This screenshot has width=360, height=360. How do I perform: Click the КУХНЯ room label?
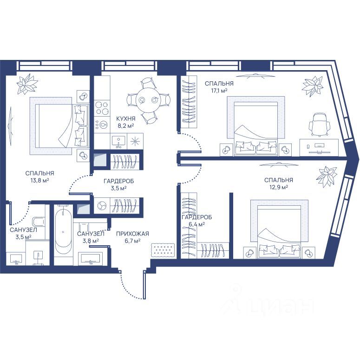coord(125,119)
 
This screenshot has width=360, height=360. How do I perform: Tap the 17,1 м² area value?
coord(219,91)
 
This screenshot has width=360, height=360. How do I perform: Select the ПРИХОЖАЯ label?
coord(132,234)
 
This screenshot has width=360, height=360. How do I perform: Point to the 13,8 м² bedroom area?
coord(40,180)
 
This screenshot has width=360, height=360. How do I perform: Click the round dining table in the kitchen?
coord(149,100)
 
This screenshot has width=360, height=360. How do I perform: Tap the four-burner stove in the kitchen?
coord(102,108)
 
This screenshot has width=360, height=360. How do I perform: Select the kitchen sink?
coord(118,141)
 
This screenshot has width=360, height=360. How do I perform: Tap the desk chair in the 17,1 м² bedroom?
coord(320,124)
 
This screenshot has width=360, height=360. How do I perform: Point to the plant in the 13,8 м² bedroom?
coord(27,84)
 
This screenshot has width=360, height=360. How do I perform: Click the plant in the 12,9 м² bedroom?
coord(327,177)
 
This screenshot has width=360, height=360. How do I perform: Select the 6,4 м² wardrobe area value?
coord(197,224)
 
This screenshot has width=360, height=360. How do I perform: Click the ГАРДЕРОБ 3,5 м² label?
coord(119,184)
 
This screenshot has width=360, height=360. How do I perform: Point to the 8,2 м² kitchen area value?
coord(126,125)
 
